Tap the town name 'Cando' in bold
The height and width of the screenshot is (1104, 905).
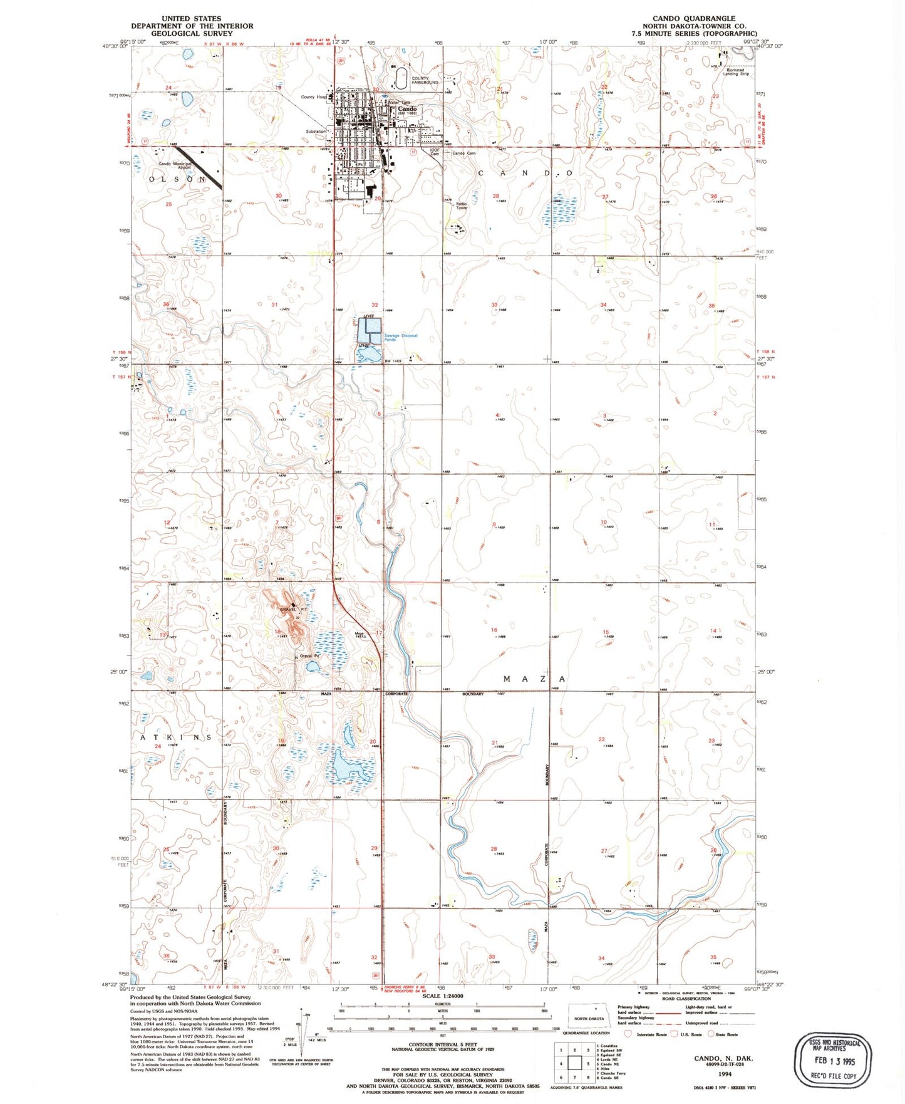407,108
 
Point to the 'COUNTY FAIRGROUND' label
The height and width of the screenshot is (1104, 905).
425,80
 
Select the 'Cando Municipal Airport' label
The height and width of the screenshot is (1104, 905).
175,165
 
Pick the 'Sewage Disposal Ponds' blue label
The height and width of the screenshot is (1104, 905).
401,338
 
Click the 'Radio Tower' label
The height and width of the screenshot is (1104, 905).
462,206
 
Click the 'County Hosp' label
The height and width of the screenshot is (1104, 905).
314,97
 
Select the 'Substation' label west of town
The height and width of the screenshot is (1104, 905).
315,132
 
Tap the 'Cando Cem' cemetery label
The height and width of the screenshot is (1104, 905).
464,153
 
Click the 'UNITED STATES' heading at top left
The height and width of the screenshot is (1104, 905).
191,19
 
